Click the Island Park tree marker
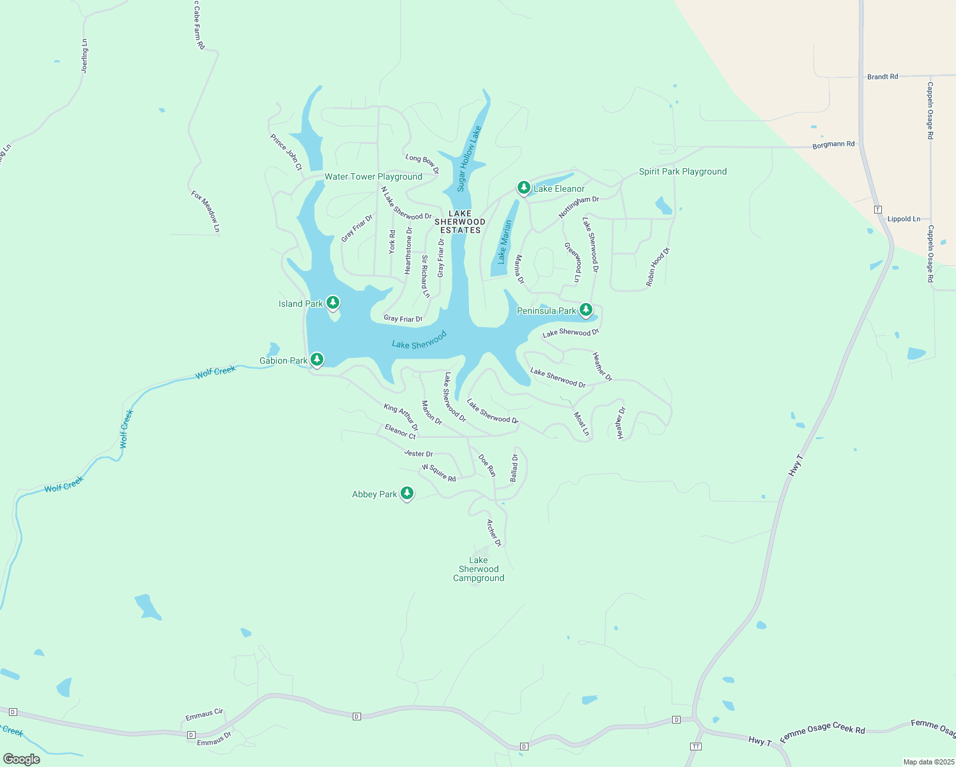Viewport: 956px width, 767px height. [332, 302]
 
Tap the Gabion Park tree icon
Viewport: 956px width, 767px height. [316, 359]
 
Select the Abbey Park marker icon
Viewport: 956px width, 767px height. [407, 493]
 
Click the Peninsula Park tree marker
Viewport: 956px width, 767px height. [586, 309]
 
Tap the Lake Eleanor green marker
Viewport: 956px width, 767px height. [524, 187]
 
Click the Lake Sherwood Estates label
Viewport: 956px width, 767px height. [460, 222]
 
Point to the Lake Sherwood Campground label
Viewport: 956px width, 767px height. [479, 569]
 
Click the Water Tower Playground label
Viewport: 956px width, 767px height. [373, 176]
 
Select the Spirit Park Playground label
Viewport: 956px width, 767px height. [682, 171]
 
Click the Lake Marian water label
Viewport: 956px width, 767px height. [505, 242]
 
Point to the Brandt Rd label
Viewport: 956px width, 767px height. [883, 77]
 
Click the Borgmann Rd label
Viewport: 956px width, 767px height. [833, 145]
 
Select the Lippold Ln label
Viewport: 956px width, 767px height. [904, 219]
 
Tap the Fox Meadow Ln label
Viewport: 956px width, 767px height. [205, 211]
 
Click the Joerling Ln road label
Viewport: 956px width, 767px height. [84, 56]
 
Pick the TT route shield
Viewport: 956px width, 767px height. [696, 747]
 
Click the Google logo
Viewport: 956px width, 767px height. [22, 759]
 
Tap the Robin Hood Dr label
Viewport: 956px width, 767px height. [658, 267]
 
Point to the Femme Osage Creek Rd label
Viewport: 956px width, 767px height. [822, 732]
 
